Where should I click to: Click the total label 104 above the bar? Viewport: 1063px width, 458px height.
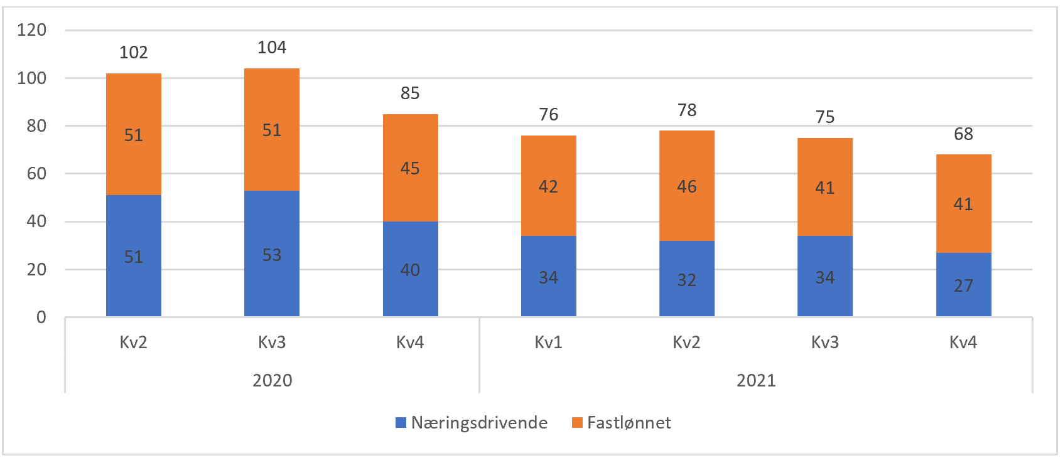click(x=272, y=48)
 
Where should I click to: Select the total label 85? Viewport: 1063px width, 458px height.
click(x=410, y=93)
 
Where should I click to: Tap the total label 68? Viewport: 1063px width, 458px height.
click(x=963, y=134)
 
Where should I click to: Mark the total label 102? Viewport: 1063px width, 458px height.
click(x=133, y=53)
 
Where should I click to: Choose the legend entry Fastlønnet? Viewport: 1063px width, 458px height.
click(x=629, y=423)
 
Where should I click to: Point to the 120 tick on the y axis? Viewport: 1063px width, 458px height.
click(x=31, y=30)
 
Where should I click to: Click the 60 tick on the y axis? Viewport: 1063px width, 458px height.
click(x=36, y=174)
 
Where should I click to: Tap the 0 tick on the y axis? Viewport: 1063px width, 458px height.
click(x=41, y=317)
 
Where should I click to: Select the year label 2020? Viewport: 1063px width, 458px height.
click(x=272, y=381)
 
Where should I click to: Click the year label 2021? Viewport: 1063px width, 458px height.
click(x=756, y=381)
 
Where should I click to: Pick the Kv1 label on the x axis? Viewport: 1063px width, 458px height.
click(x=548, y=343)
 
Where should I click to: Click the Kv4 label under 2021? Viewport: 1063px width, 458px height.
click(x=963, y=343)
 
